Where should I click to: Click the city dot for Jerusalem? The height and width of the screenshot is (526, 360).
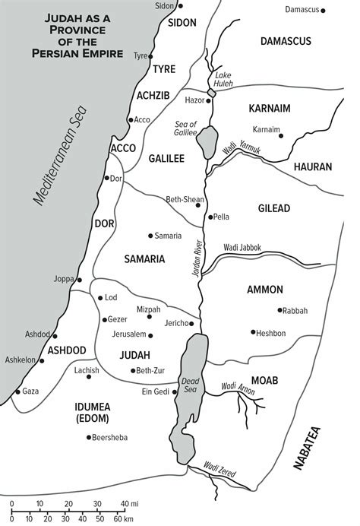(151, 335)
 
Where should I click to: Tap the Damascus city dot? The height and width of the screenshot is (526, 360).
(324, 11)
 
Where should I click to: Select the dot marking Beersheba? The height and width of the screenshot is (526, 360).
(89, 437)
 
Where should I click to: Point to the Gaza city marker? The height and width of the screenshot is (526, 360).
(17, 391)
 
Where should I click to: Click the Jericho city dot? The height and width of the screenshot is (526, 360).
(192, 324)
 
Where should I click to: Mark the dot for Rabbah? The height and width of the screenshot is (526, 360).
(280, 310)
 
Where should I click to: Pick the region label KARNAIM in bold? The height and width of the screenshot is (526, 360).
(270, 109)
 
